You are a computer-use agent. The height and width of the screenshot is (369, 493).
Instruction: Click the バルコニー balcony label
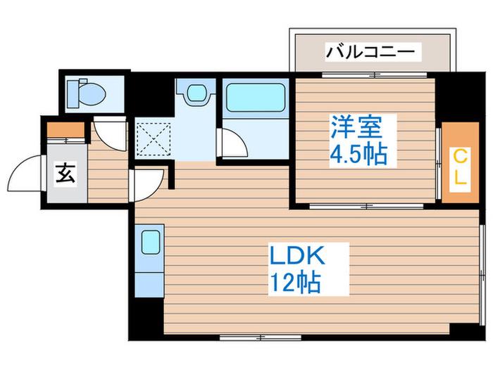370,52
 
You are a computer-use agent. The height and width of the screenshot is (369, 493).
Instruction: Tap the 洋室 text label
356,127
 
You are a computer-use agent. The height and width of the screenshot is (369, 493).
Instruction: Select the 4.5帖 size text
358,155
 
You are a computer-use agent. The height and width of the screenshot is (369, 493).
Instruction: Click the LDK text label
297,257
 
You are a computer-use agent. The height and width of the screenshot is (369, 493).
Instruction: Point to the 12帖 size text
296,282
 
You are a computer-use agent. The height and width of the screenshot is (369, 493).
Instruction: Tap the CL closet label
461,169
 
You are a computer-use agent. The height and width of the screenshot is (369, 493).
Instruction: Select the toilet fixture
86,93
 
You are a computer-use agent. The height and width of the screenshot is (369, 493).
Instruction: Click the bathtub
256,97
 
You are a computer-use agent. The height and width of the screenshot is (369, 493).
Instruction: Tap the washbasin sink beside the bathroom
196,92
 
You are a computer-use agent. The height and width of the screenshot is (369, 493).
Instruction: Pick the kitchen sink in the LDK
150,242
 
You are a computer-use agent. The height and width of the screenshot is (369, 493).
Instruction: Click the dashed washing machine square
153,138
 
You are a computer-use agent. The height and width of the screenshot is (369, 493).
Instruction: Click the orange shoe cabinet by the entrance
65,130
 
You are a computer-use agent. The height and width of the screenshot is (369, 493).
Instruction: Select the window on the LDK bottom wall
260,337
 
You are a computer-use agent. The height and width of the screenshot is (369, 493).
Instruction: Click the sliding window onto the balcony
374,75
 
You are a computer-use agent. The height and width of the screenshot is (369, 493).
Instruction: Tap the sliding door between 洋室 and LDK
366,206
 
